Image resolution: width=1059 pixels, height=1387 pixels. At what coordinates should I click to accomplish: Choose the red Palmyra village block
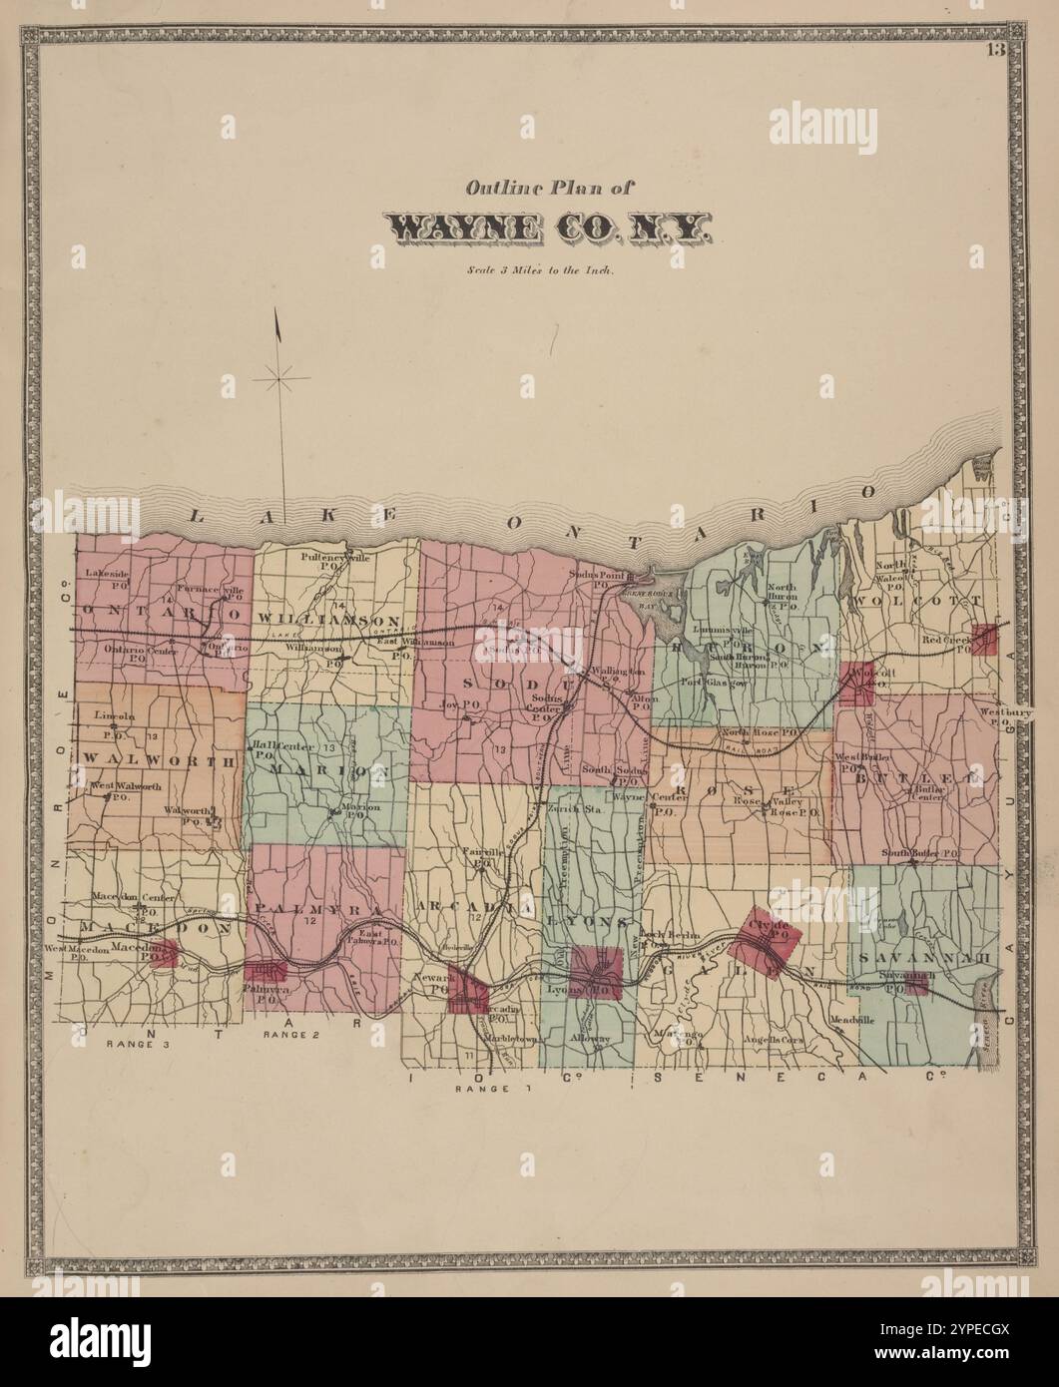pos(266,971)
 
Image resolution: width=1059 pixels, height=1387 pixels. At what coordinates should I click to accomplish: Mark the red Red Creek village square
pos(985,640)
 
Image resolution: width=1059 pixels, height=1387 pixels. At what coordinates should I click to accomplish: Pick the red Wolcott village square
pos(856,684)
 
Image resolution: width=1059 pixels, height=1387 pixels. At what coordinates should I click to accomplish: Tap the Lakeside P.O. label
pos(107,578)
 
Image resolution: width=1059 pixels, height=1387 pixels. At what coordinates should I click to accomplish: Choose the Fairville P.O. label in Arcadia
pos(480,856)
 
